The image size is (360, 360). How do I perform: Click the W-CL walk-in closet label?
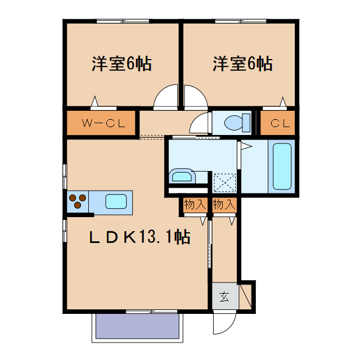point(102,123)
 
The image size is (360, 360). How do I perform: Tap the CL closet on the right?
point(280,123)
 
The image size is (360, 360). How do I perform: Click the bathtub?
point(281,166)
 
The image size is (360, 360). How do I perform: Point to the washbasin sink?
point(182,177)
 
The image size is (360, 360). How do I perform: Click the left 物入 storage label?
point(195,205)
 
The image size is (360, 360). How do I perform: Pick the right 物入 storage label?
point(224,205)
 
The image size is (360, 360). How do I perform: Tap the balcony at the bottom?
point(137,327)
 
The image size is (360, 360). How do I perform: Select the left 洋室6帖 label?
point(121,64)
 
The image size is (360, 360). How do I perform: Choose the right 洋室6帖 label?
point(242,64)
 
